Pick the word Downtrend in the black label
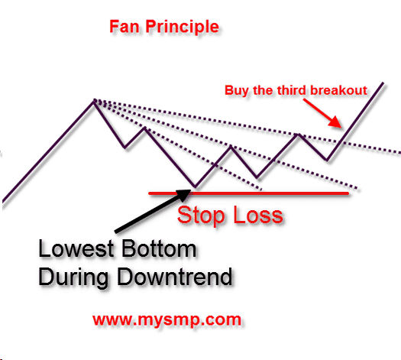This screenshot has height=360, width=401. pyautogui.click(x=173, y=276)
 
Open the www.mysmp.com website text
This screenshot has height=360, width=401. pyautogui.click(x=167, y=318)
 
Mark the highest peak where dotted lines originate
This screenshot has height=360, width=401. pyautogui.click(x=94, y=100)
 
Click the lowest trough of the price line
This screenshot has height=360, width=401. pyautogui.click(x=195, y=186)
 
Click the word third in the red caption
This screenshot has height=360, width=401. pyautogui.click(x=283, y=90)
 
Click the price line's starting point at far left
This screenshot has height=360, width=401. pyautogui.click(x=3, y=202)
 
